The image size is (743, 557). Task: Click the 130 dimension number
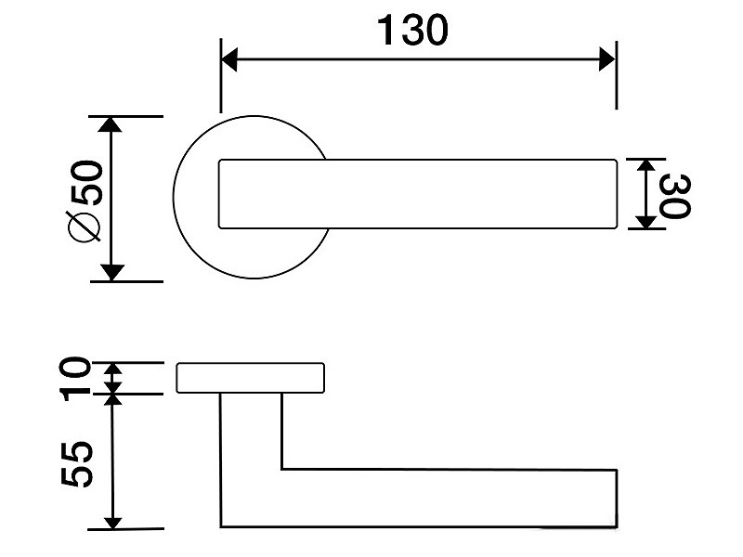pos(412,31)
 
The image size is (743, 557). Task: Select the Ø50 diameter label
pos(85,202)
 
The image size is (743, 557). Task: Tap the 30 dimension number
pos(675,196)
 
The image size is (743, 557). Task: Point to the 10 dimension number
pos(75,379)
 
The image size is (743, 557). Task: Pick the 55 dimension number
pos(76,464)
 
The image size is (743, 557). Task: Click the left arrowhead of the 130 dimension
pos(229,59)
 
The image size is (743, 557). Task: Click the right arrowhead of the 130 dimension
pos(607,59)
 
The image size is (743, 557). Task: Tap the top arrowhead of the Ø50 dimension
pos(111,124)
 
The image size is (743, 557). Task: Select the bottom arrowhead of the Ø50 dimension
pos(111,273)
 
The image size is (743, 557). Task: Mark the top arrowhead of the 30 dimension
pos(645,165)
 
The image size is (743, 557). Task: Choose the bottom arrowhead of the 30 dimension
pos(645,222)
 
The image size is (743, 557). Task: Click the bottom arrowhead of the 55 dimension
pos(112,523)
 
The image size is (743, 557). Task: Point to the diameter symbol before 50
pos(85,227)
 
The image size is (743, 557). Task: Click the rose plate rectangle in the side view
pos(251,378)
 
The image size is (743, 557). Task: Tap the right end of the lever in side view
pos(617,498)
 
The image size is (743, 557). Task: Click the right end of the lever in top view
pos(616,194)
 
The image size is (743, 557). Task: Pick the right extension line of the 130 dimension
pos(616,75)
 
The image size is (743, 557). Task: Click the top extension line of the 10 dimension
pos(128,362)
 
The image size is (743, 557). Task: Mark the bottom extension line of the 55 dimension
pos(126,529)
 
